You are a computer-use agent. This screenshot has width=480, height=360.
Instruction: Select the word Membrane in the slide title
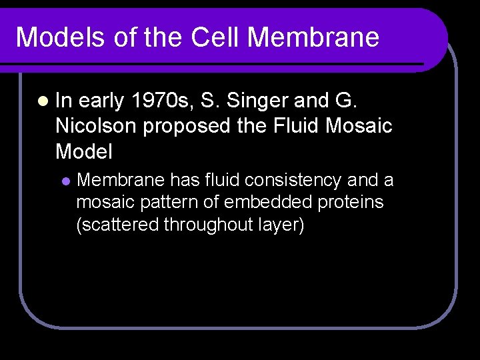coord(313,37)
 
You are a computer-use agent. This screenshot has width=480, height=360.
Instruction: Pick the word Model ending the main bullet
coord(84,151)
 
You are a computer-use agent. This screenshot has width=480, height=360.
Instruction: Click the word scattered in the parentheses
coord(119,225)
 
